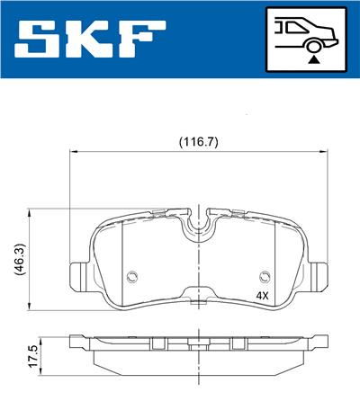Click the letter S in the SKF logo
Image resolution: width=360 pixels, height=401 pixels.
(39, 39)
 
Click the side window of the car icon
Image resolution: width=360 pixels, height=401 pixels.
(290, 28)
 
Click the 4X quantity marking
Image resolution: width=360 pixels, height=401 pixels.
(262, 294)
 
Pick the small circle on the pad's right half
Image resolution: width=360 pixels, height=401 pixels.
(265, 276)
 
